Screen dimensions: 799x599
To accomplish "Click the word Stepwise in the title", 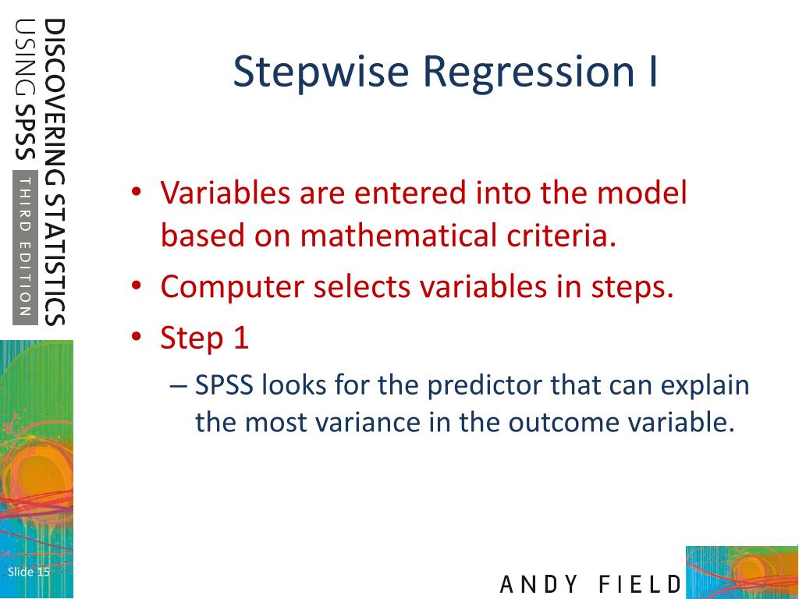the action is click(x=321, y=73).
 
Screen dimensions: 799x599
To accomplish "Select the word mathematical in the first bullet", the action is click(x=399, y=236).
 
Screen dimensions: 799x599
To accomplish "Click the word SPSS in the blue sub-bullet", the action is click(x=224, y=385).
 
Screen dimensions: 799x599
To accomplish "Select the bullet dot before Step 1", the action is click(x=136, y=337).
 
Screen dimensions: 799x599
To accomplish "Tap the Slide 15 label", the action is click(x=29, y=572).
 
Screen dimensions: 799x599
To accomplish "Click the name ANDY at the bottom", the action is click(x=539, y=584).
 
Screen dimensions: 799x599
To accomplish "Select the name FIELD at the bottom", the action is click(x=640, y=584).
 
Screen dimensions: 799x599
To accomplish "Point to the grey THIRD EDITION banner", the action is click(x=26, y=247).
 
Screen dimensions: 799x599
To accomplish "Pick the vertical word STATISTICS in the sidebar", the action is click(x=55, y=260).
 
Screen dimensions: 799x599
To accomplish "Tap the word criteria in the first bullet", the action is click(x=561, y=235).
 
